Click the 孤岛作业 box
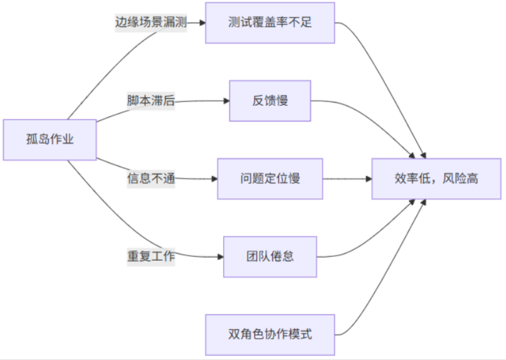(x=50, y=140)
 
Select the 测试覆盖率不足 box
(x=270, y=23)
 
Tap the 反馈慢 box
(x=270, y=101)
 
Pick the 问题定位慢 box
(x=270, y=178)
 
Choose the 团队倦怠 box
(x=270, y=256)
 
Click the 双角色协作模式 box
(x=270, y=335)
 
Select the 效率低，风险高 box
(x=436, y=179)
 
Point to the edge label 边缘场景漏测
(x=151, y=22)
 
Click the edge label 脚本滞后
(x=151, y=100)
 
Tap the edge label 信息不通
(x=151, y=178)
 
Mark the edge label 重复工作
(x=151, y=256)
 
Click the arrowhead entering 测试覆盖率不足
(x=202, y=23)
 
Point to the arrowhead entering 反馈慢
(x=226, y=101)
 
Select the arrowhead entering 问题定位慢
(x=214, y=179)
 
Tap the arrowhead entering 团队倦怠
(x=220, y=257)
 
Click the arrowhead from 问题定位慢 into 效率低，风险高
(x=368, y=179)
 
